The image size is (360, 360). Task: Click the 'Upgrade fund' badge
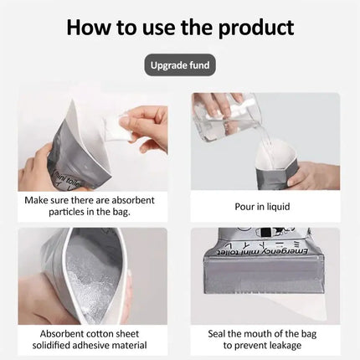click(x=180, y=64)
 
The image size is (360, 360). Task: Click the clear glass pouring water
click(x=219, y=126)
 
